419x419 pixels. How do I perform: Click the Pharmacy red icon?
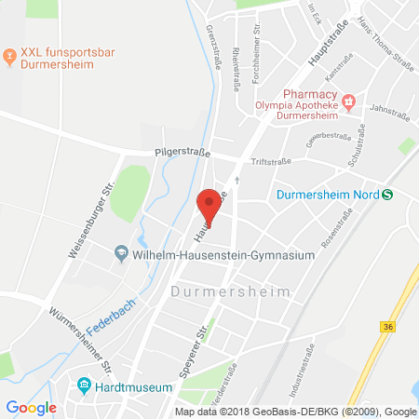pyautogui.click(x=348, y=101)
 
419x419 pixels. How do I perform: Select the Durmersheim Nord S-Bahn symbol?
pyautogui.click(x=387, y=194)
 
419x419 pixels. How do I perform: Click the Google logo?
pyautogui.click(x=31, y=407)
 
